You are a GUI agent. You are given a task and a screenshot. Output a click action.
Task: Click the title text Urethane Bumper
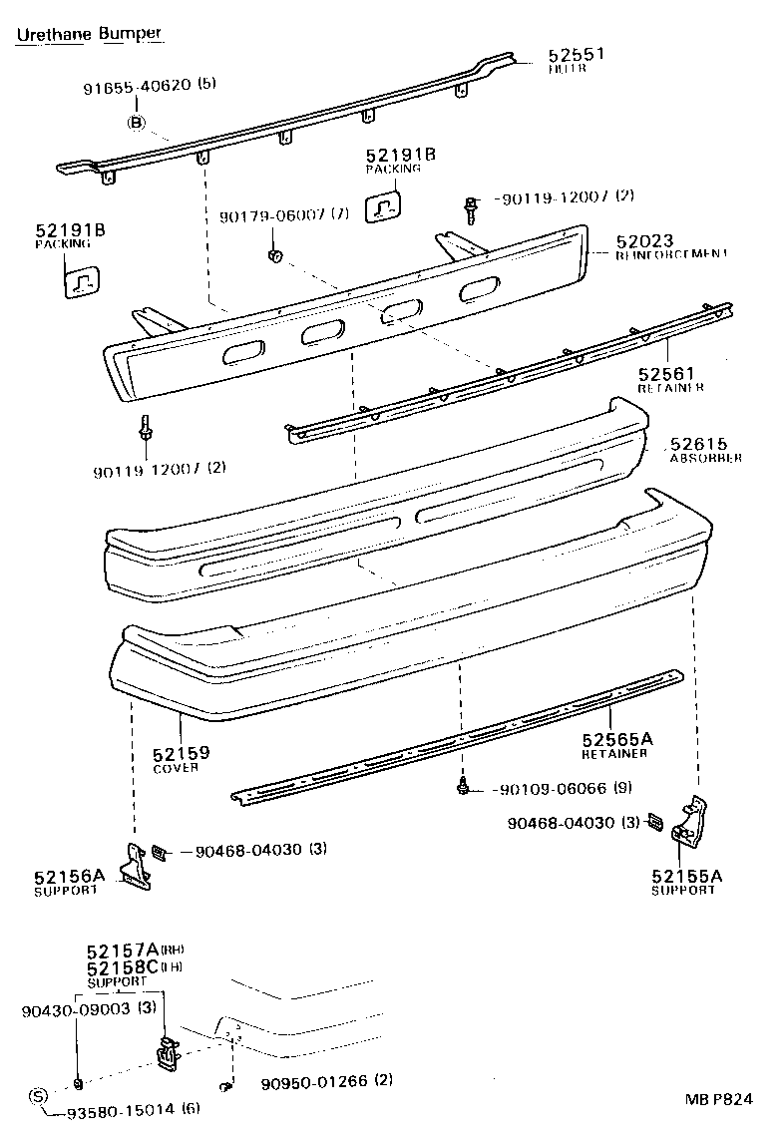(89, 34)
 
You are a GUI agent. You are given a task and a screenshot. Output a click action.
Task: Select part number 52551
(576, 56)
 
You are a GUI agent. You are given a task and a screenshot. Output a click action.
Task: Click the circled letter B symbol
(137, 123)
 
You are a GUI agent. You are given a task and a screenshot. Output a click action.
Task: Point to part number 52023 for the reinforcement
(643, 241)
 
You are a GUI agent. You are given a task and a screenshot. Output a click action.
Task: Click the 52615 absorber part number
(698, 444)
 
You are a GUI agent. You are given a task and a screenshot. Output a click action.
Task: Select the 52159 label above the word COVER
(181, 753)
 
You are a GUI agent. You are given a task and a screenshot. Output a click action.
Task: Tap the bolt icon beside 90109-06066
(464, 787)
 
